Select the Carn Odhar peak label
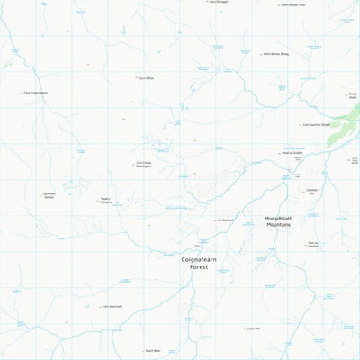pos(147,78)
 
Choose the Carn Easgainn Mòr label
pos(112,306)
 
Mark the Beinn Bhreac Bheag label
pos(275,54)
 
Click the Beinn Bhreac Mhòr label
pos(293,4)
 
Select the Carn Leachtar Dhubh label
pos(317,125)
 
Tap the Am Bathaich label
pos(226,220)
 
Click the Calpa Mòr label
pos(255,328)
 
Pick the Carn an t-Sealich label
pos(312,244)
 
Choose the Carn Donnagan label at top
pos(219,2)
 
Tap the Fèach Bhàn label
pos(153,351)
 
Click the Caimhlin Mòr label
pos(312,192)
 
